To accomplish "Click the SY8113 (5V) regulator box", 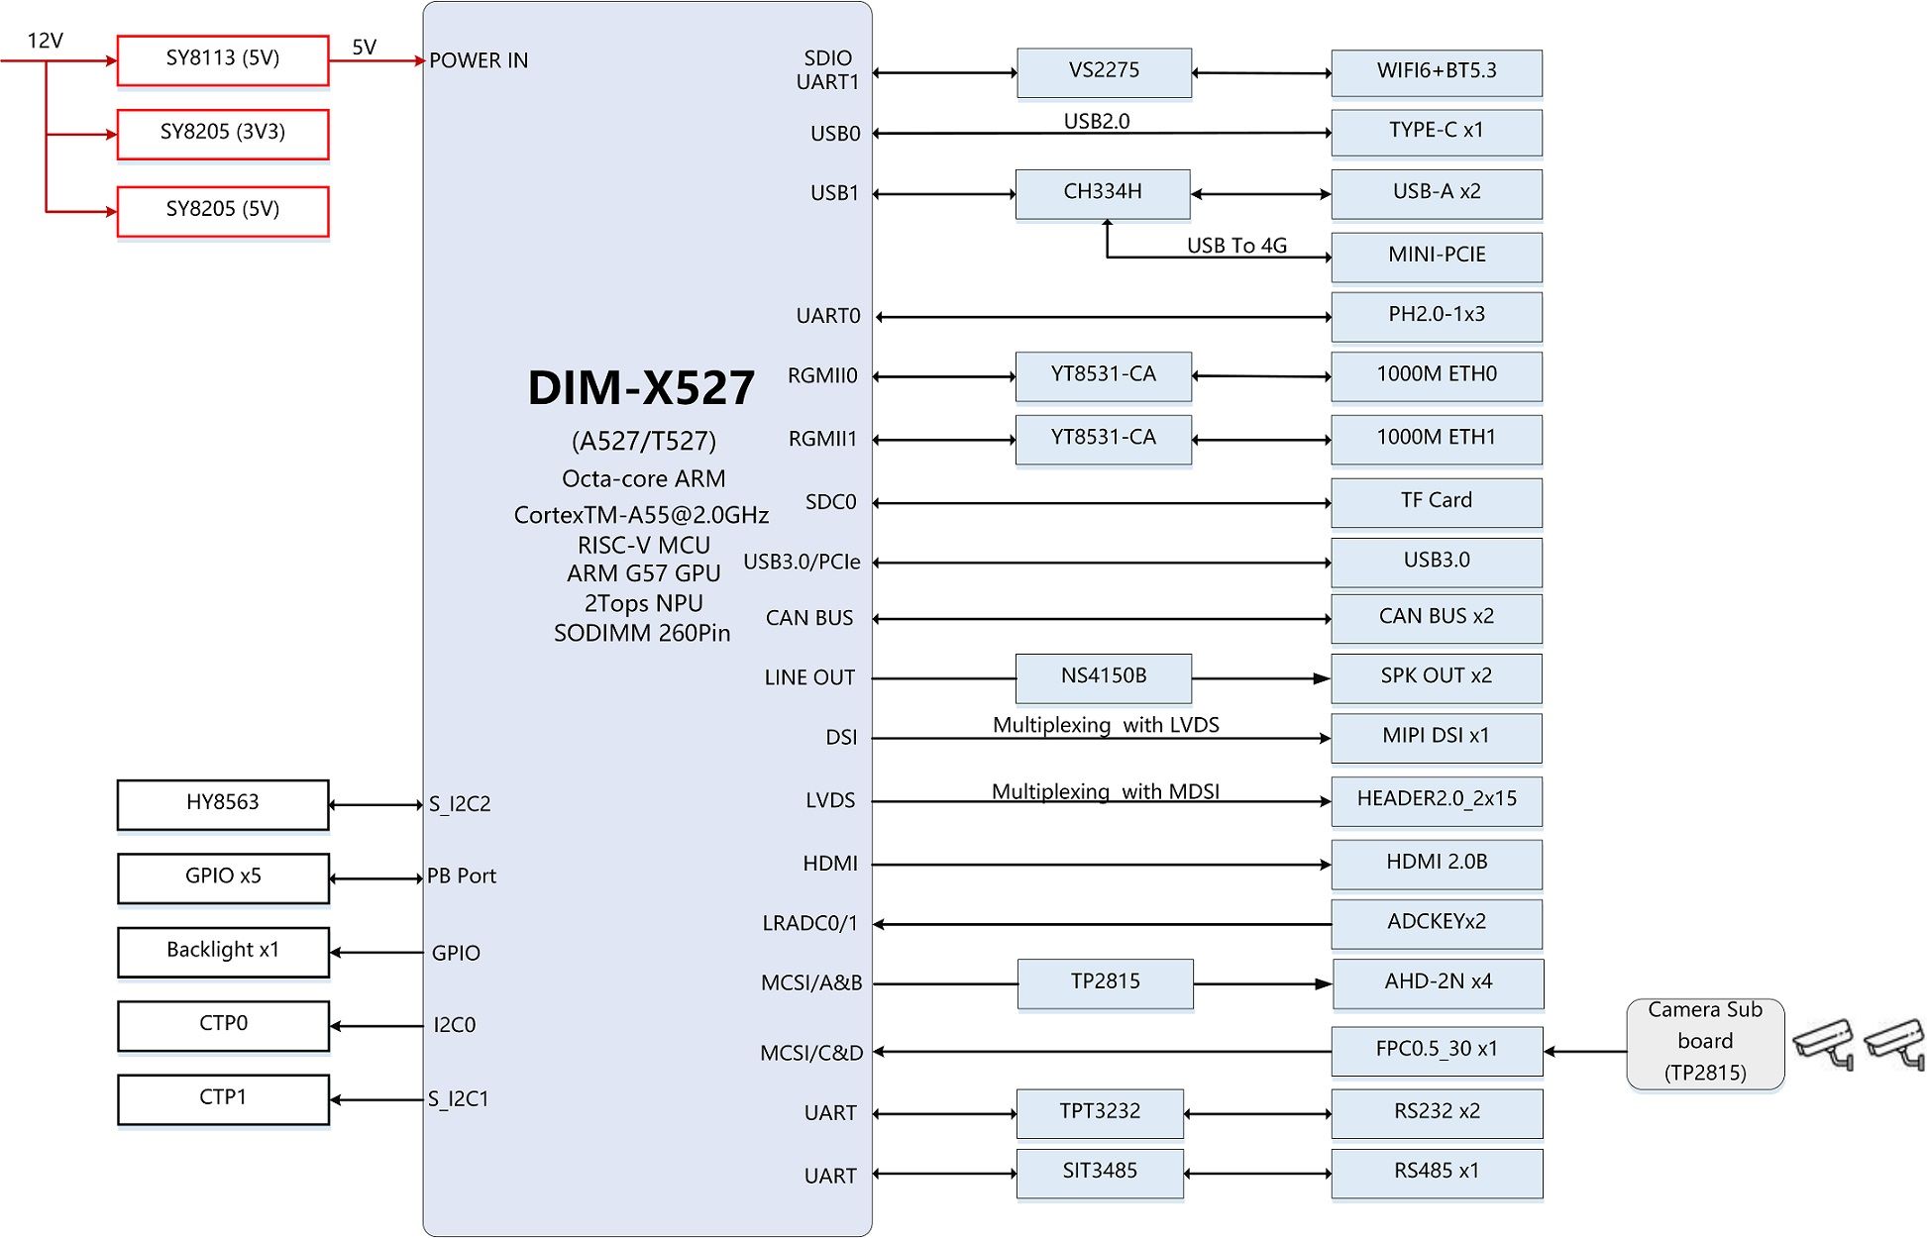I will pos(222,60).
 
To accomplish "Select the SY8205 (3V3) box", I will pos(222,134).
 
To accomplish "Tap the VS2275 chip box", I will pos(1104,72).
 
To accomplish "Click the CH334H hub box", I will pos(1102,193).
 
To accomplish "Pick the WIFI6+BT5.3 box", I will pos(1436,72).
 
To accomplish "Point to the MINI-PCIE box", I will pos(1436,257).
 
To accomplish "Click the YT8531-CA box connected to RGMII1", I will pos(1103,439).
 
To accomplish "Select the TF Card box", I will pos(1436,502).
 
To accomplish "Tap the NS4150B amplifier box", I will pos(1103,677).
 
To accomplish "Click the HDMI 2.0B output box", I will pos(1436,864).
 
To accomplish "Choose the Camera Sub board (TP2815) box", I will pos(1704,1043).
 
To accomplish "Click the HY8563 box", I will pos(222,804).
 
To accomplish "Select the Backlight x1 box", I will pos(222,951).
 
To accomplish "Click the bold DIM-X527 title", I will pos(641,388).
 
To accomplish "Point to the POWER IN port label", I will pos(479,60).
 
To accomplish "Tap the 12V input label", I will pos(45,41).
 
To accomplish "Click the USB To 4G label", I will pos(1236,246).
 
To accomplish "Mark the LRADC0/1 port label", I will pos(809,923).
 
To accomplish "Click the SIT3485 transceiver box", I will pos(1100,1173).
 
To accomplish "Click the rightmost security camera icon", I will pos(1894,1043).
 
